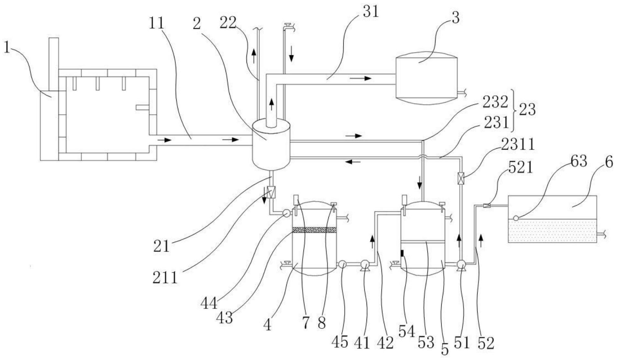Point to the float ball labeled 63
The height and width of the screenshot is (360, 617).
[x=516, y=218]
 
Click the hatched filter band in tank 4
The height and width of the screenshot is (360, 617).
[x=314, y=230]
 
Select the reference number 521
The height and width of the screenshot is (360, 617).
[x=520, y=167]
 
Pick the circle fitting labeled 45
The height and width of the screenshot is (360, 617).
[x=342, y=264]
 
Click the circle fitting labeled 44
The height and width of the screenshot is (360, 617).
[x=286, y=213]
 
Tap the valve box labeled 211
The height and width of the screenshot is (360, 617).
[x=271, y=192]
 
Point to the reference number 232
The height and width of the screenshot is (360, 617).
[x=495, y=103]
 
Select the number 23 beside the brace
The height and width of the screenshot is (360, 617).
[x=527, y=110]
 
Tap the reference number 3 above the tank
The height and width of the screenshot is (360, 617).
[x=456, y=18]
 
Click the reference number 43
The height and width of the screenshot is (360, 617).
[x=225, y=318]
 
